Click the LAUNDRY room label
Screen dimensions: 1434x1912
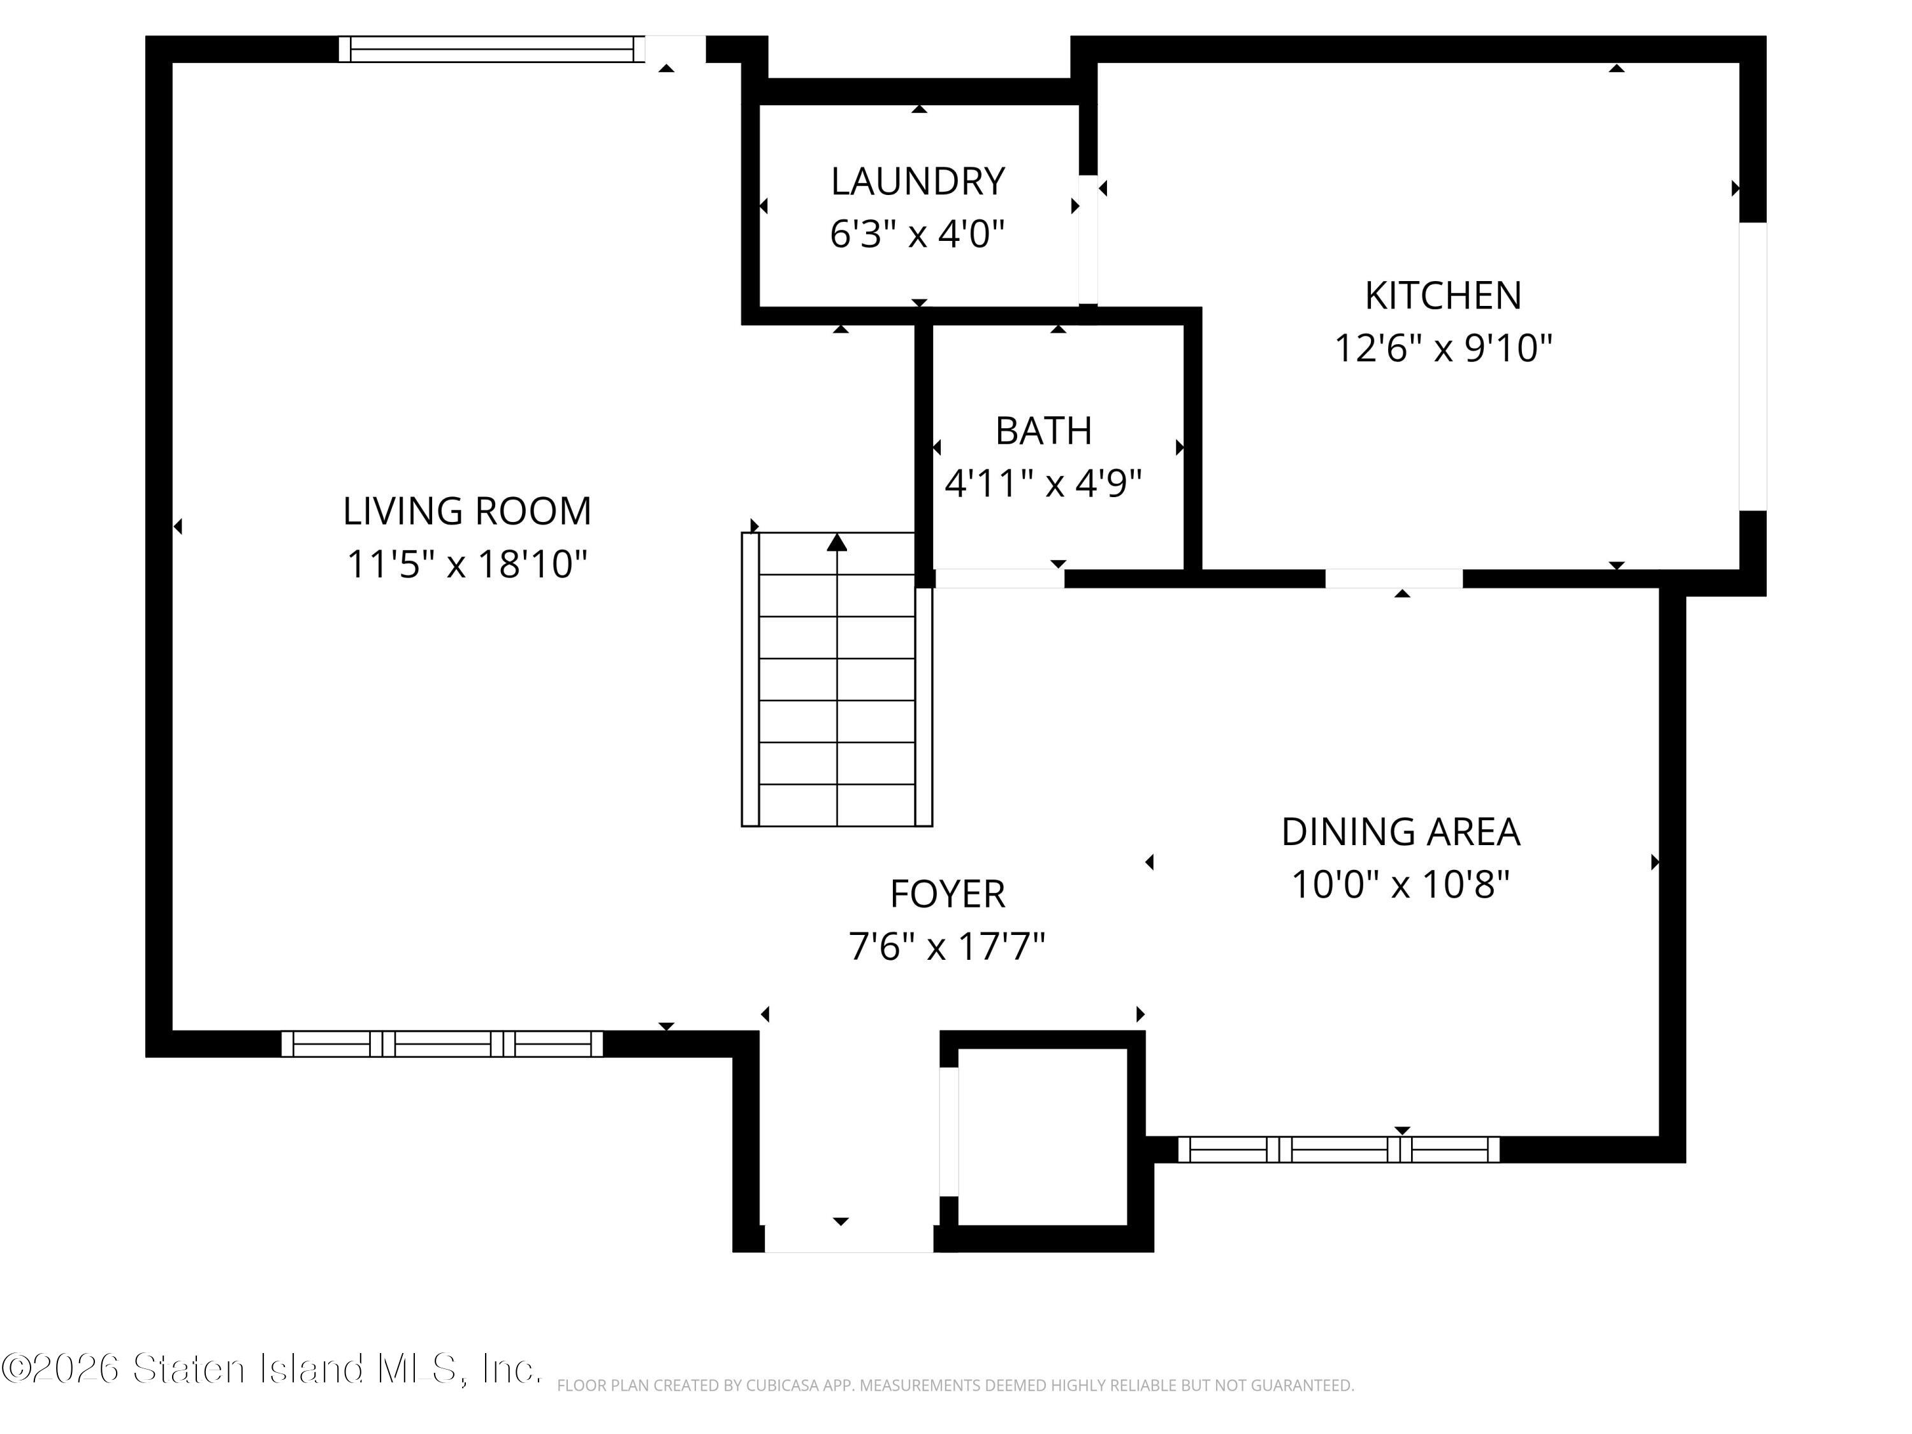pos(917,182)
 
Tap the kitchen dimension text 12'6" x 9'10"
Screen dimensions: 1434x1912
pos(1443,349)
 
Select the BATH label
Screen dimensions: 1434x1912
pos(1043,430)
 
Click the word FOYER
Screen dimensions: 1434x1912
pos(947,894)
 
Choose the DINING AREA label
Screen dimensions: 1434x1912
pos(1400,832)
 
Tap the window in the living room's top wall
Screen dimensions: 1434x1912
pos(491,49)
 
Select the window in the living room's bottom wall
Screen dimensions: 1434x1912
pos(442,1044)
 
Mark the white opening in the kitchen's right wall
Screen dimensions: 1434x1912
pos(1752,366)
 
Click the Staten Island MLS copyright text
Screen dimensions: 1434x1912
pos(271,1368)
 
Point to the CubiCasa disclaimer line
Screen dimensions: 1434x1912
pos(955,1386)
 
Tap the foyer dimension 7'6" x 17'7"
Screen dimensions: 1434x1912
pos(947,946)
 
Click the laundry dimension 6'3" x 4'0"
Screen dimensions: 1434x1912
pos(917,235)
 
